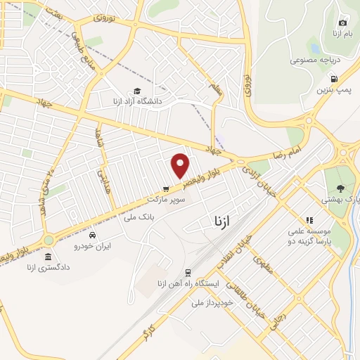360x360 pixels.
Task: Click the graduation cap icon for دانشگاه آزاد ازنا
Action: pyautogui.click(x=137, y=91)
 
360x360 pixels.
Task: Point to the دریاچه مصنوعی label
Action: pyautogui.click(x=315, y=60)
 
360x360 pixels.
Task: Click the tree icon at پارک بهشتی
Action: pyautogui.click(x=341, y=188)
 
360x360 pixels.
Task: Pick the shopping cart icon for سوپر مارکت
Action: pyautogui.click(x=166, y=188)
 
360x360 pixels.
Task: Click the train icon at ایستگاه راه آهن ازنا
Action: pyautogui.click(x=188, y=272)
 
